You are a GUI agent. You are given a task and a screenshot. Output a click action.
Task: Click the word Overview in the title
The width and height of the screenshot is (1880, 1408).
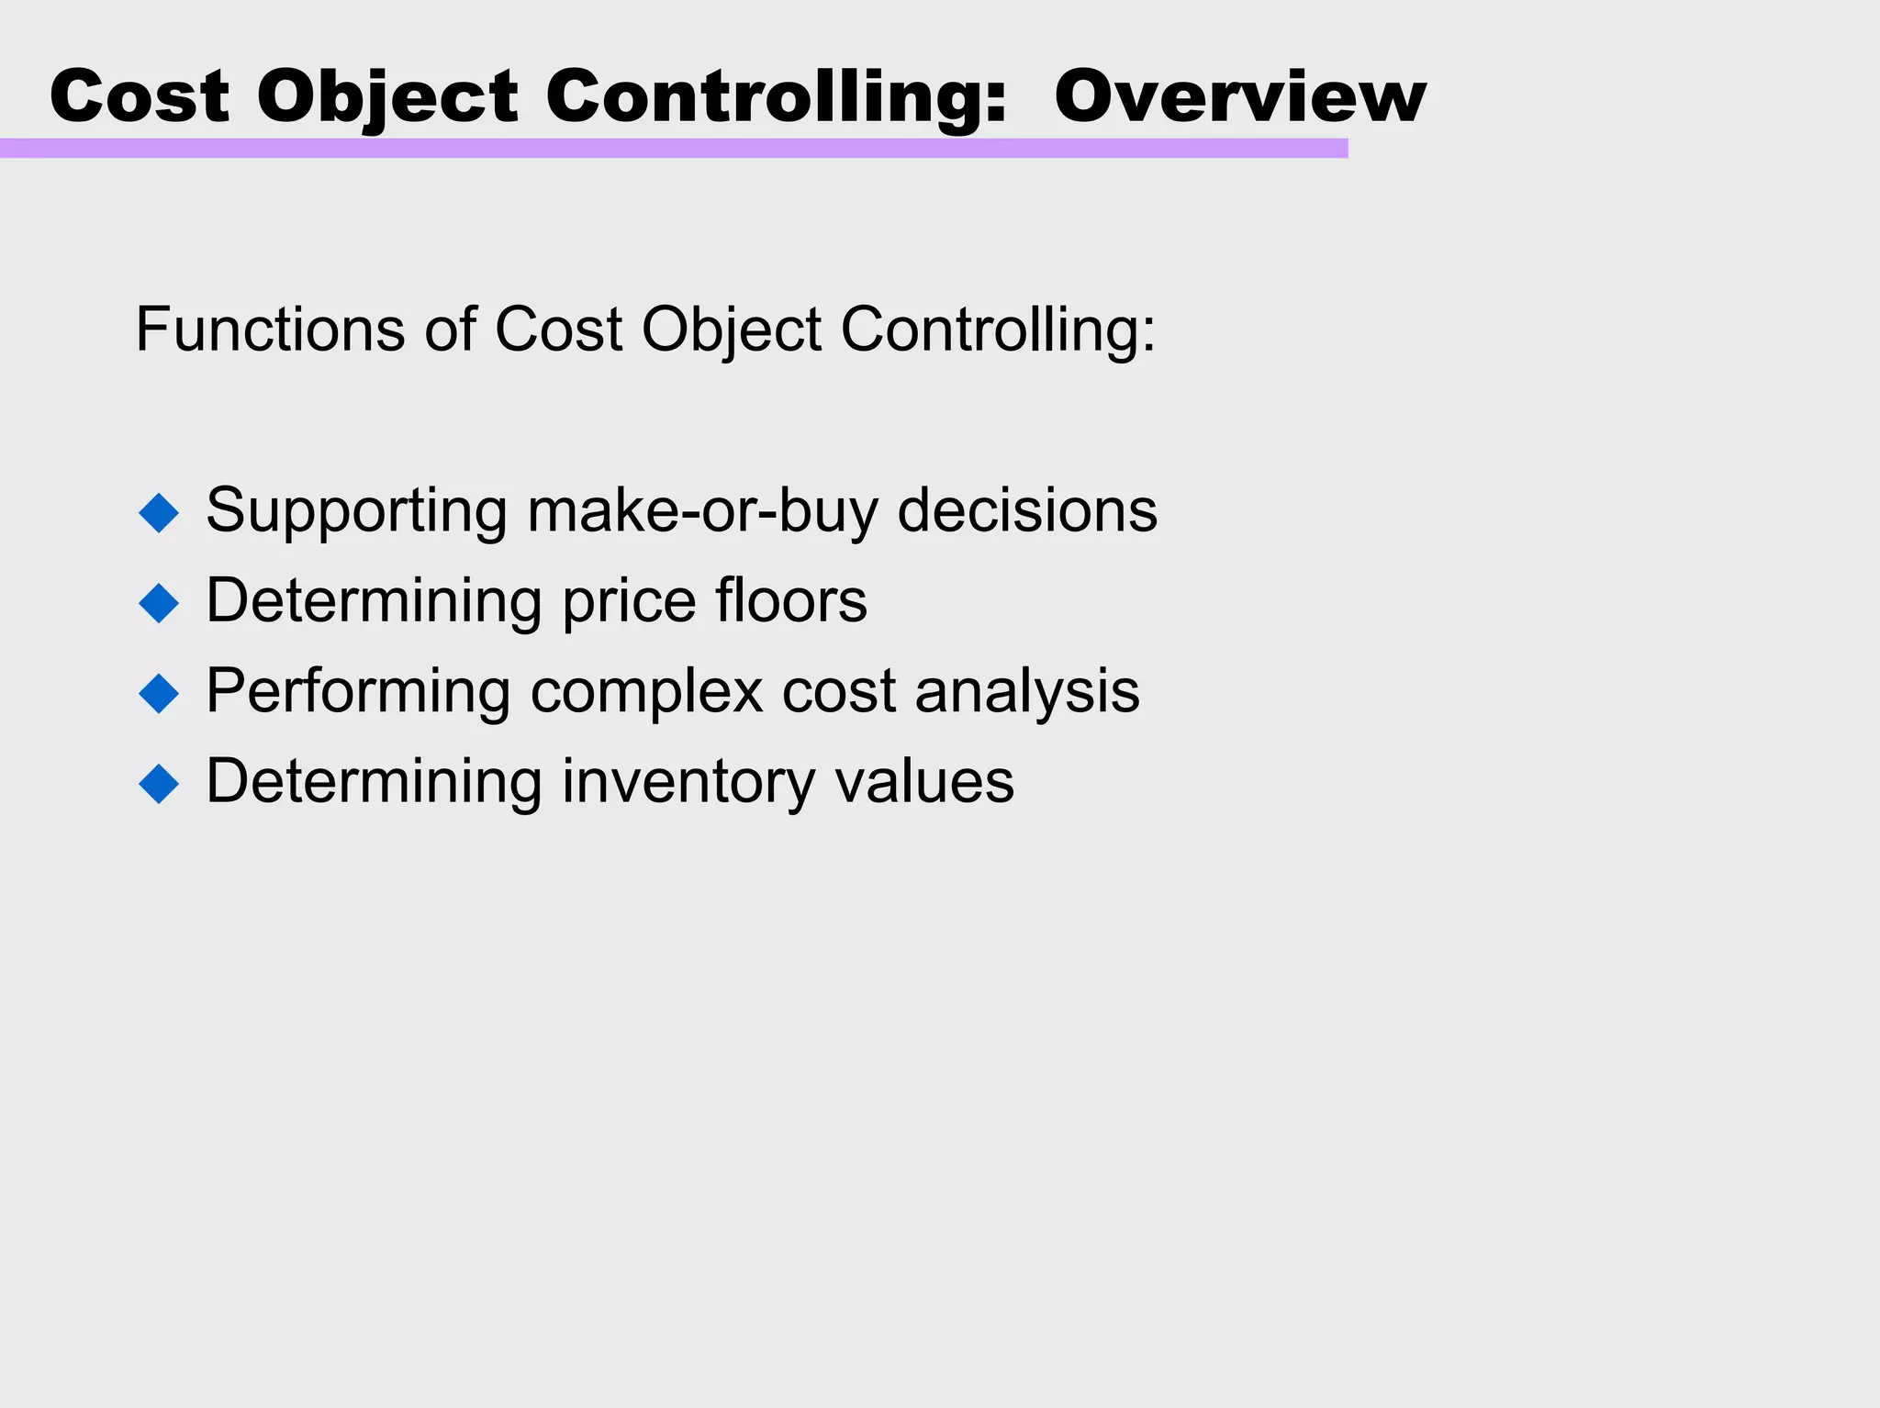point(1239,96)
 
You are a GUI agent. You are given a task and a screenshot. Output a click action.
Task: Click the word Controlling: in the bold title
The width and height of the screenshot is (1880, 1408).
point(777,96)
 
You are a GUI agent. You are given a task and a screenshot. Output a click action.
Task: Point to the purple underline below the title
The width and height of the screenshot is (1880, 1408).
point(674,149)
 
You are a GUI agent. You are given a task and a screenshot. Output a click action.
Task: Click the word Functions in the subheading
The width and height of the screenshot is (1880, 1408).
point(270,329)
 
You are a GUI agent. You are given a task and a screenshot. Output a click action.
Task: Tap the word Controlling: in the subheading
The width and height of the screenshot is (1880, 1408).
point(998,329)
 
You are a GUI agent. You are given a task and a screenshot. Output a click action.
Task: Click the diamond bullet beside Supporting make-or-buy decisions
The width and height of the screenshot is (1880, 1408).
point(159,512)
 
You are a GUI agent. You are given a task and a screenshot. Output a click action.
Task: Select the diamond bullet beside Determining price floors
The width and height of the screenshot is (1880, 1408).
point(159,603)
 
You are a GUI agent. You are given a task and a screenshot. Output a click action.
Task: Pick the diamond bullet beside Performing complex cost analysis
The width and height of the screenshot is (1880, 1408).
point(159,693)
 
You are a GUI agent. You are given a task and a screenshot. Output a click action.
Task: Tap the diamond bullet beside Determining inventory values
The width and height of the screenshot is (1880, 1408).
point(159,784)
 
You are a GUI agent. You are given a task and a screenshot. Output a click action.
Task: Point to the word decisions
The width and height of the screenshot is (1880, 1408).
point(1027,510)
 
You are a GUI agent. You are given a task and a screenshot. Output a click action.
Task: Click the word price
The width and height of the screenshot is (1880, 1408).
point(630,602)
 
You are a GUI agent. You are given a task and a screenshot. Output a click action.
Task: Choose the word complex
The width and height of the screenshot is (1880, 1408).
point(647,691)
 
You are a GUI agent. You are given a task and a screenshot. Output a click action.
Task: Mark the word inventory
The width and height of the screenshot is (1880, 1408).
point(688,782)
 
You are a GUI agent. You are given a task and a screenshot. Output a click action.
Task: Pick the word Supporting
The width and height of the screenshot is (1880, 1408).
point(356,510)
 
